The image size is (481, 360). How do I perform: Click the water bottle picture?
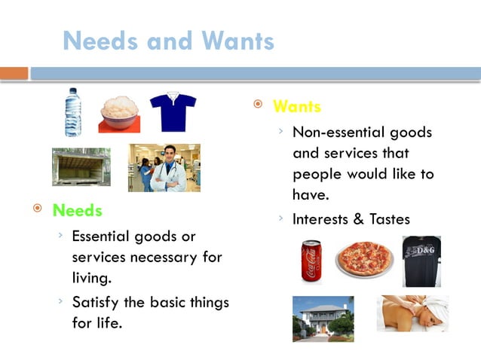point(72,113)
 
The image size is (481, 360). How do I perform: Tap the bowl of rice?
point(120,114)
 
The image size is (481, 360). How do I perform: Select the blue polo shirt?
point(173,111)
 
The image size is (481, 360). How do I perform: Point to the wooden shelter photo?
point(81,166)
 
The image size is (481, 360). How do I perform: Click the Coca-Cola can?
point(311,260)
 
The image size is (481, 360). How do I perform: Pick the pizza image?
point(364,260)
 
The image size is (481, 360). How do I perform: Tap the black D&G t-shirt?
point(421,261)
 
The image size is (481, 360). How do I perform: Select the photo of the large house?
point(323,318)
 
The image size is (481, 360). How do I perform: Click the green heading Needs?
point(77,210)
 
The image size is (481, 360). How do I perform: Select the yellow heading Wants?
point(296,106)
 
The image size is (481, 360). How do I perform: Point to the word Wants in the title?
point(231,40)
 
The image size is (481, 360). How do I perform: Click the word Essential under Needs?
point(103,236)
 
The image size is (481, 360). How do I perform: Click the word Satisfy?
point(98,303)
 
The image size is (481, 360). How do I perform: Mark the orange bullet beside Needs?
point(37,209)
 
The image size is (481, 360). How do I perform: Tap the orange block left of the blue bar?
point(14,73)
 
